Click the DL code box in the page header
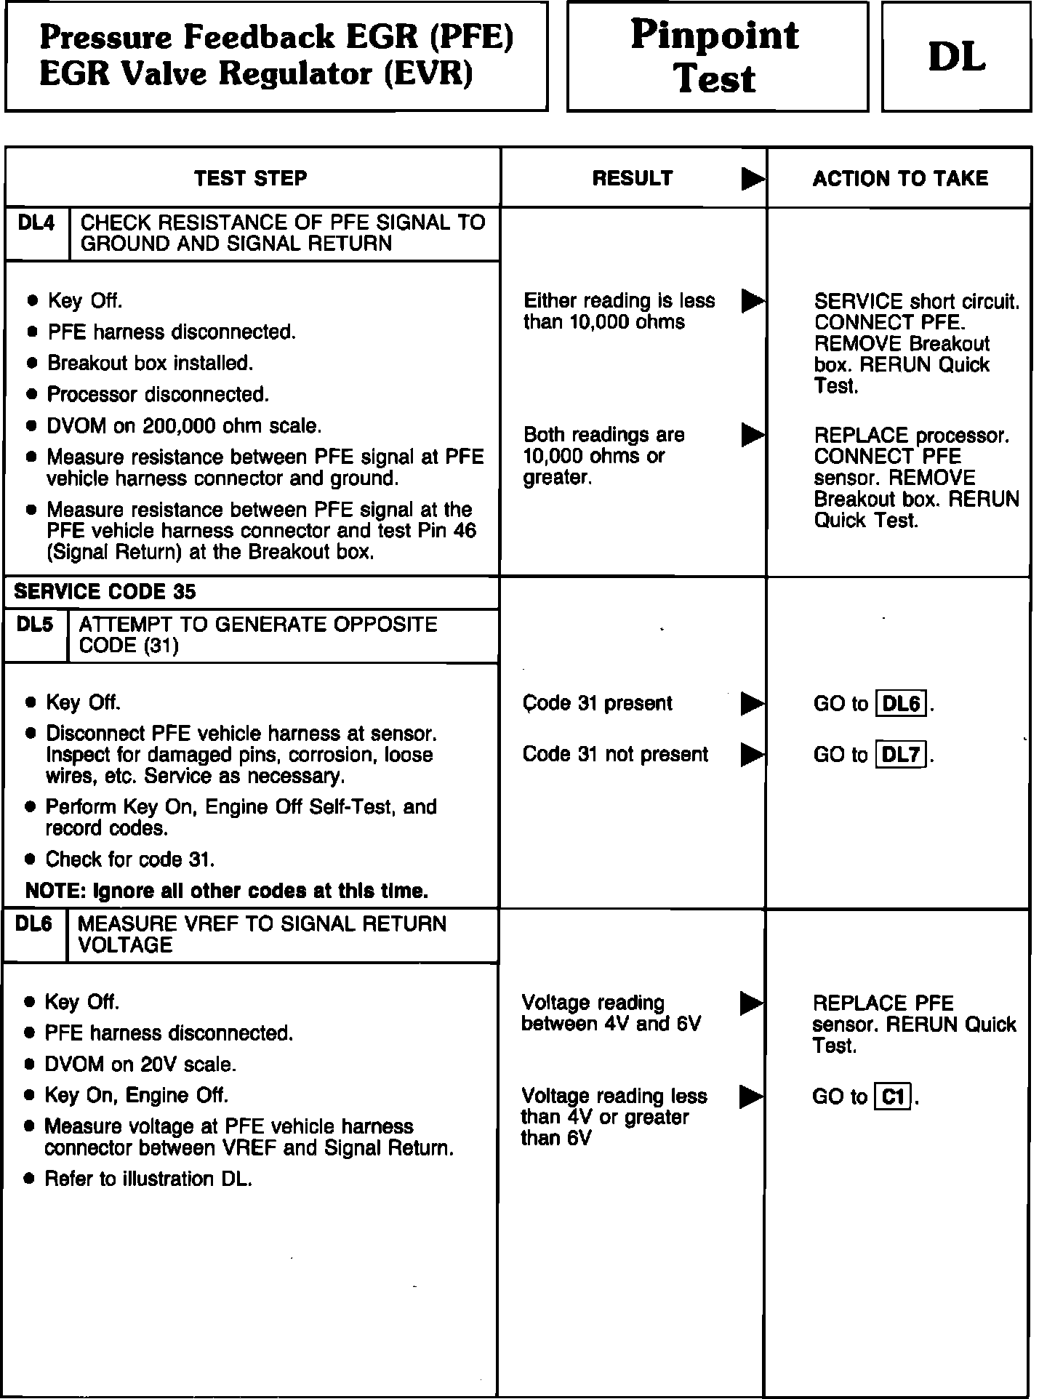coord(956,57)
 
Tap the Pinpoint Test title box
coord(717,57)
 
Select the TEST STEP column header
coord(251,178)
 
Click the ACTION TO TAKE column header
coord(900,179)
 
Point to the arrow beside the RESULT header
coord(753,179)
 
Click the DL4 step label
coord(36,223)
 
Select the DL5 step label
coord(34,625)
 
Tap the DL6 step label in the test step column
coord(33,924)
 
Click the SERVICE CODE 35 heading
coord(105,592)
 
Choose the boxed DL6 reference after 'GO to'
coord(902,704)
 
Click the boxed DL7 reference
coord(902,755)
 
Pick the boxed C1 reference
coord(892,1096)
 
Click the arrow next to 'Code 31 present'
coord(753,704)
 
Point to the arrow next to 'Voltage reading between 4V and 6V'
coord(752,1003)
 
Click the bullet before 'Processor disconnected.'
coord(31,395)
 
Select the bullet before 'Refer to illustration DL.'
coord(29,1179)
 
